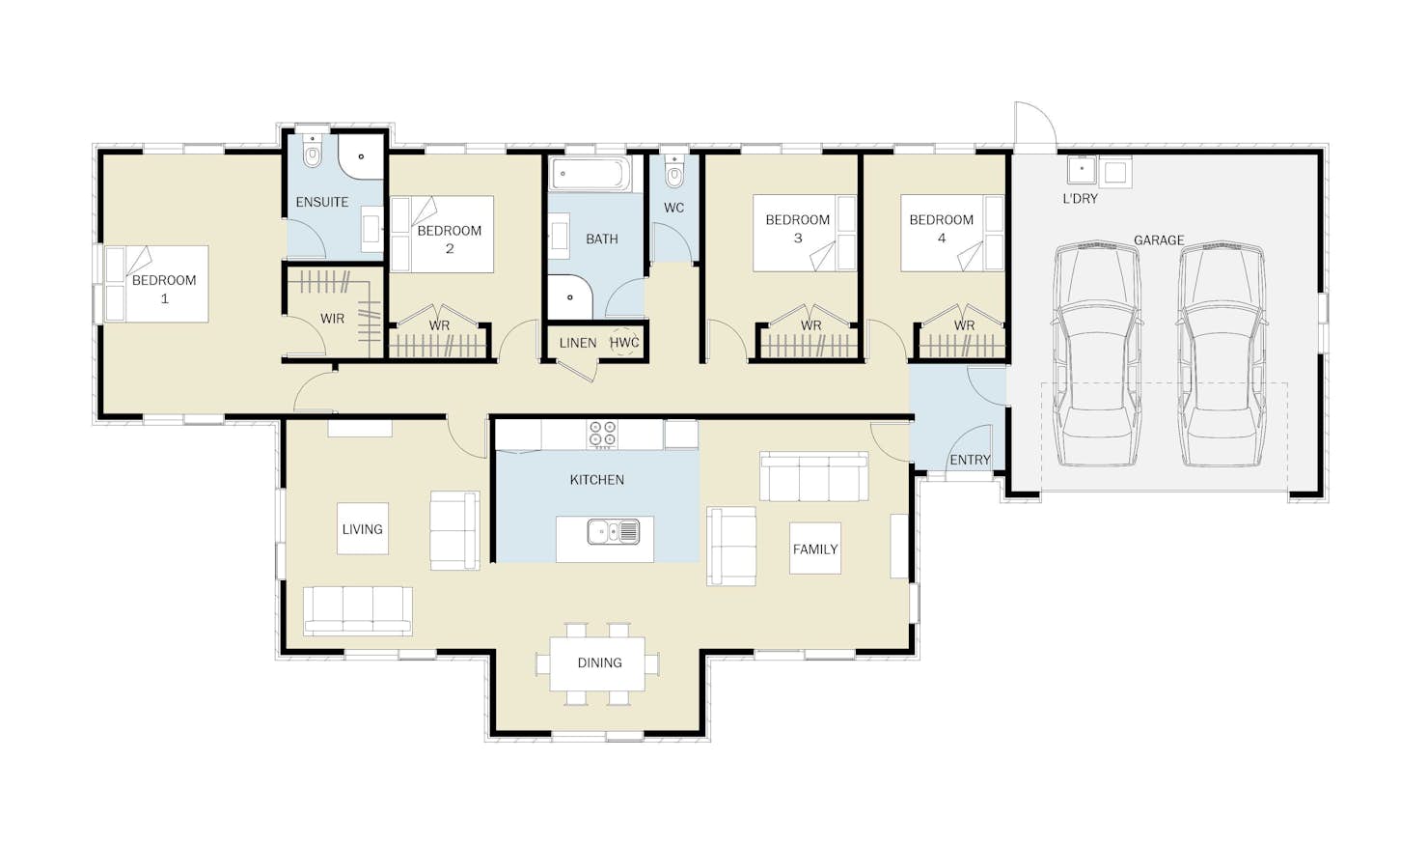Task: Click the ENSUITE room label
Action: pyautogui.click(x=322, y=202)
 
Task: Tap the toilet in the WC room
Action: pyautogui.click(x=673, y=172)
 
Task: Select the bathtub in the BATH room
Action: pyautogui.click(x=590, y=173)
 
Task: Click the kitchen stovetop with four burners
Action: pyautogui.click(x=602, y=434)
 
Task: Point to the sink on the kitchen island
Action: pyautogui.click(x=614, y=532)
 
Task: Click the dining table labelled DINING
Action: pyautogui.click(x=598, y=663)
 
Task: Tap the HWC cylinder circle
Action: pyautogui.click(x=623, y=343)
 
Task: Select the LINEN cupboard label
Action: pyautogui.click(x=578, y=343)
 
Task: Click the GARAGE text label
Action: pyautogui.click(x=1159, y=240)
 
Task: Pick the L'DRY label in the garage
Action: pyautogui.click(x=1080, y=199)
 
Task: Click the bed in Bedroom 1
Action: pyautogui.click(x=157, y=284)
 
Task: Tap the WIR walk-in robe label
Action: pyautogui.click(x=332, y=319)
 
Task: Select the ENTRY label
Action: pyautogui.click(x=970, y=460)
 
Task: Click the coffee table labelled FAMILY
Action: pyautogui.click(x=814, y=549)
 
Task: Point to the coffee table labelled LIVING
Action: pyautogui.click(x=362, y=529)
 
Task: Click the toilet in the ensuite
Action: pyautogui.click(x=312, y=154)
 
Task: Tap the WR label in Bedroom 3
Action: pyautogui.click(x=810, y=326)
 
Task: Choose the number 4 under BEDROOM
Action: pyautogui.click(x=942, y=239)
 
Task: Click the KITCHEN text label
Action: pyautogui.click(x=596, y=480)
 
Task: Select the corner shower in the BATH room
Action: pyautogui.click(x=569, y=296)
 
